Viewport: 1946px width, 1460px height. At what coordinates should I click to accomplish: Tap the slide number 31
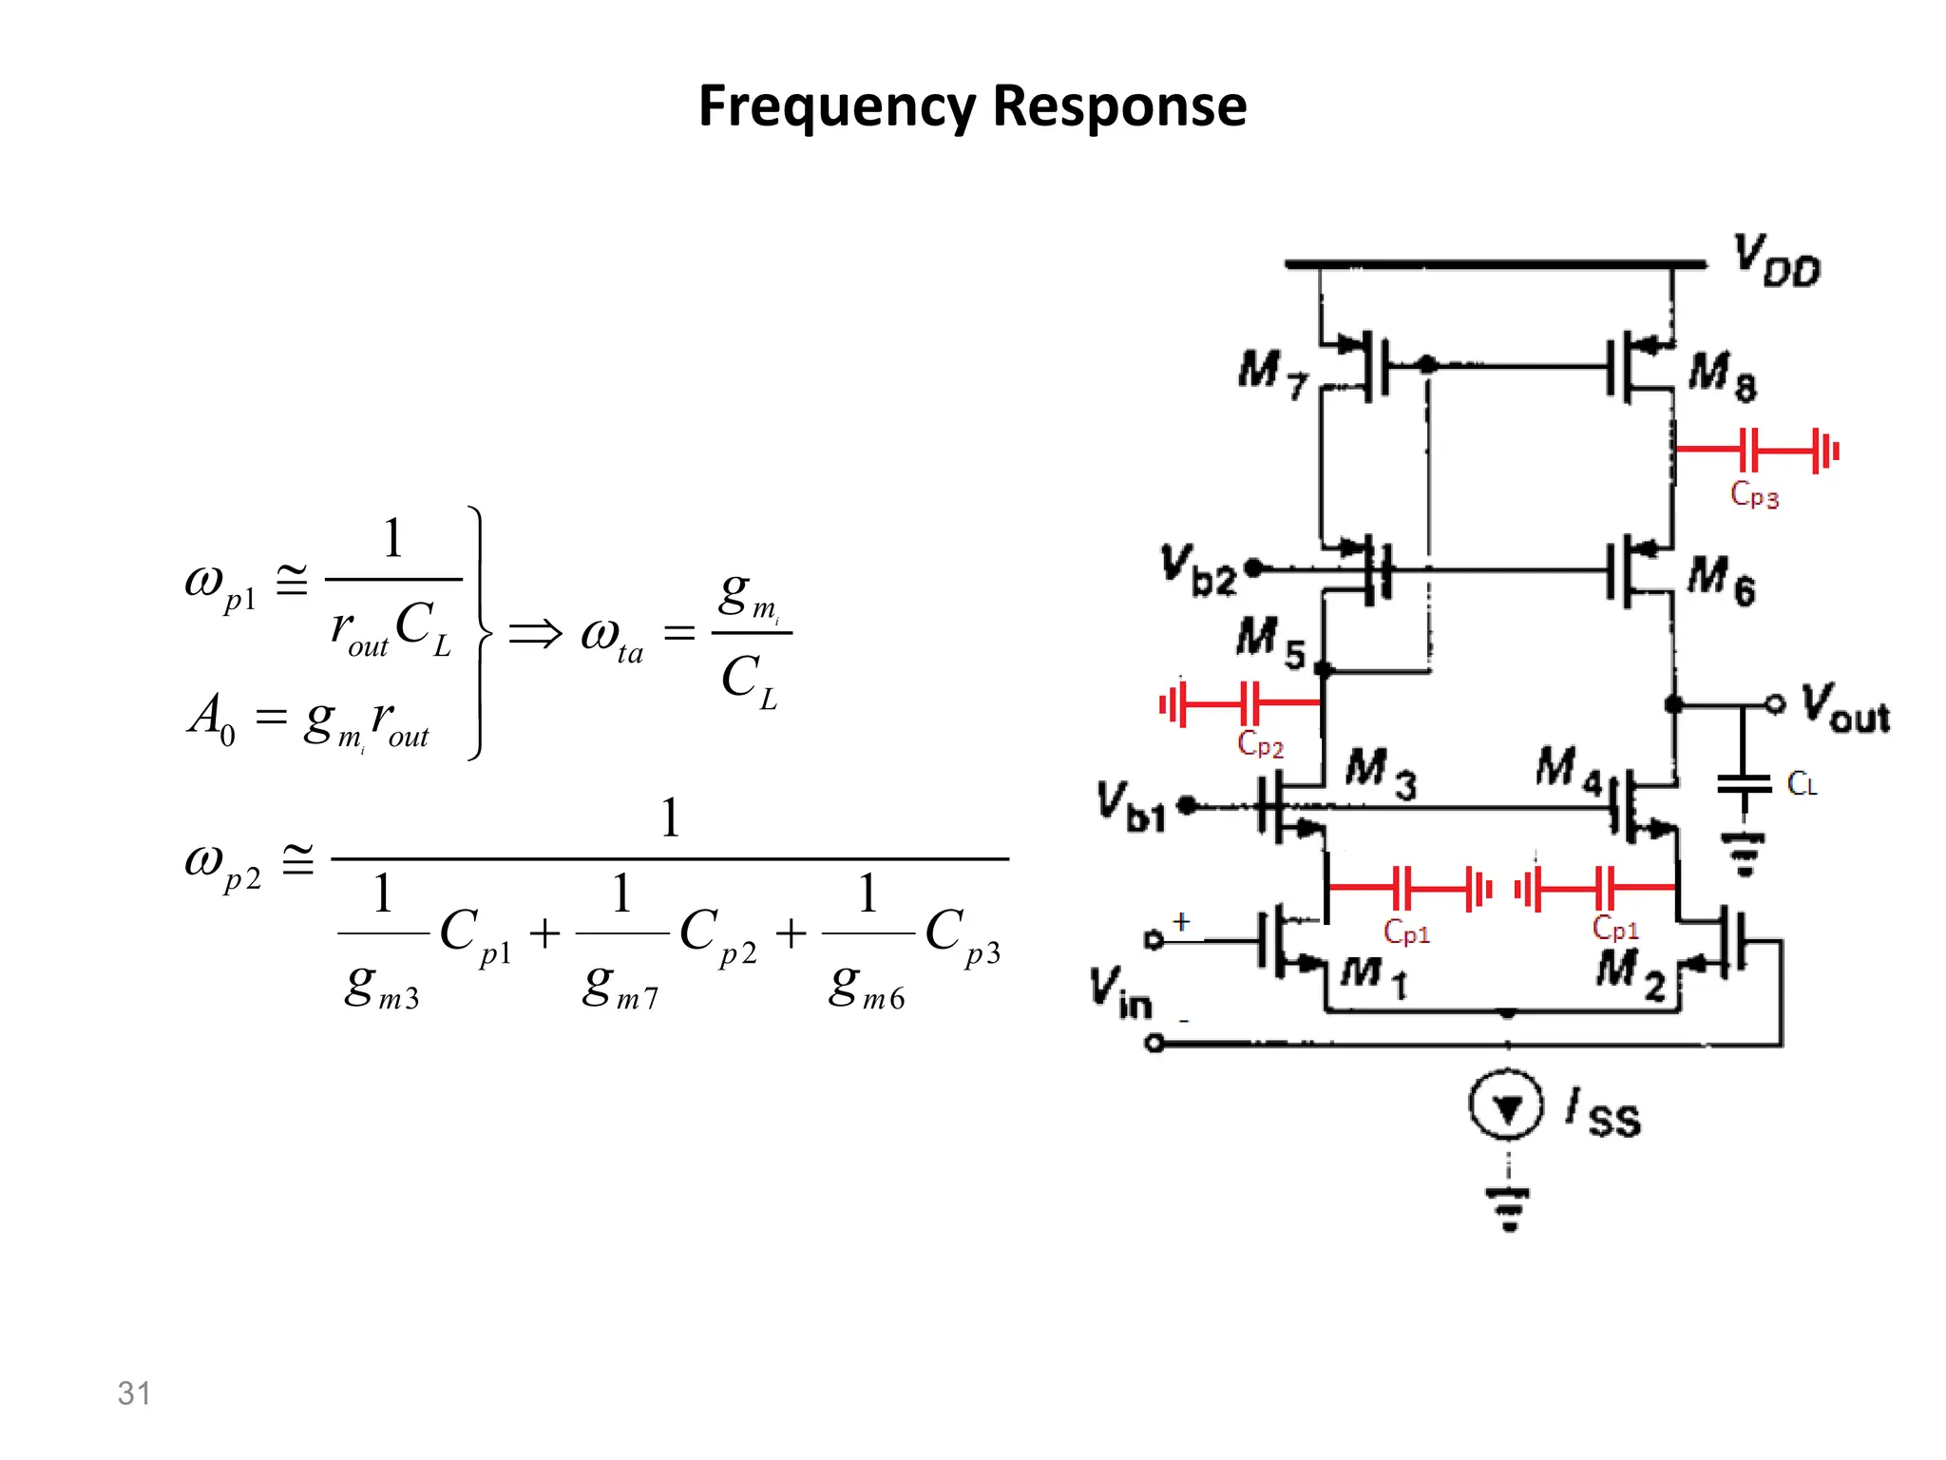click(134, 1393)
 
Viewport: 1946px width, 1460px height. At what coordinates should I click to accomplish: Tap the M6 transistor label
click(1721, 580)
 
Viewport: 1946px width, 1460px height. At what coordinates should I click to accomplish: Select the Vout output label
click(1845, 708)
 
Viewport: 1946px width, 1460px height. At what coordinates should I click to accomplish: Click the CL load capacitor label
click(1802, 784)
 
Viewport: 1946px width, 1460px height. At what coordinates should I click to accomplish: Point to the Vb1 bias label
click(1131, 806)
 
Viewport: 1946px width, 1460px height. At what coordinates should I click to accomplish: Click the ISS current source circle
click(1506, 1105)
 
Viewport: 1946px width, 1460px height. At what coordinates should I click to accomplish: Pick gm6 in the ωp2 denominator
click(866, 987)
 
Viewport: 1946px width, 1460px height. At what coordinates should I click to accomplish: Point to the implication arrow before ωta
click(535, 633)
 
